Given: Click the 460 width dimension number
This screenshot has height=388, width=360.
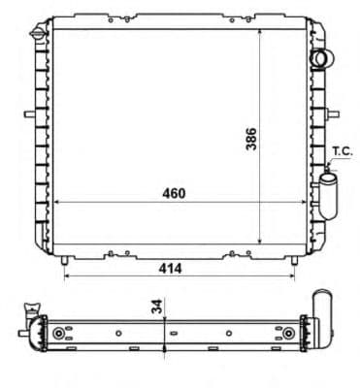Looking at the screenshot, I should (x=173, y=193).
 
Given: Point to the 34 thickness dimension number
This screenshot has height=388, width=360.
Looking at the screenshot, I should (x=156, y=307).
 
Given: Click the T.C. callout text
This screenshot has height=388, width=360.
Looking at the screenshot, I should (x=343, y=150).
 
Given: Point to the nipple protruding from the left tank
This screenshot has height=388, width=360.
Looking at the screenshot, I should (x=29, y=113).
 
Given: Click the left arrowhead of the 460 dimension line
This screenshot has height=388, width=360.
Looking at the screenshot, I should (x=55, y=202).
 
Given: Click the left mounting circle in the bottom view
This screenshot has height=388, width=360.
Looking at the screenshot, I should (x=60, y=335).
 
